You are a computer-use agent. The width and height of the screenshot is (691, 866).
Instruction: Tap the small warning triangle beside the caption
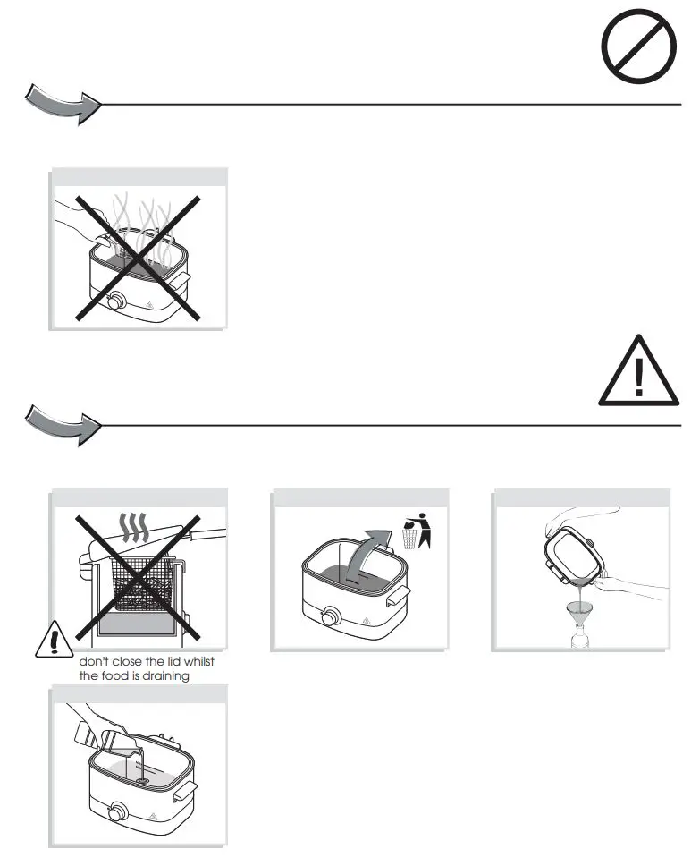click(x=54, y=641)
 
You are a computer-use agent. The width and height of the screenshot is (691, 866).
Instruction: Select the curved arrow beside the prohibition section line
click(x=60, y=103)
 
